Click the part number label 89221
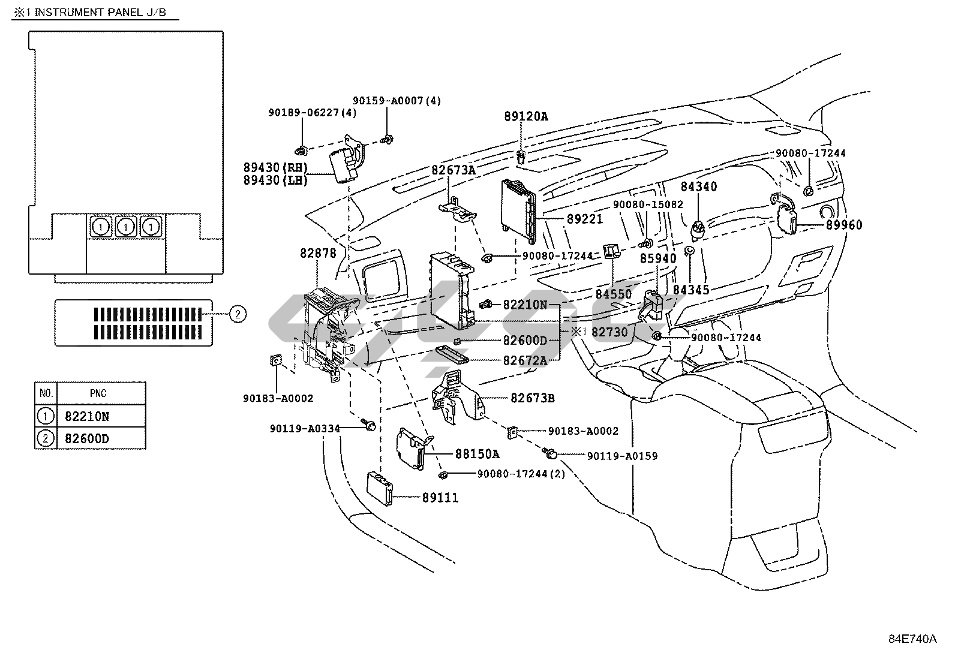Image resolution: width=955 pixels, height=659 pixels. coord(584,219)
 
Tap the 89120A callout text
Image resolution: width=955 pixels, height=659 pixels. coord(525,116)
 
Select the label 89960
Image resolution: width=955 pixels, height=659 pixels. coord(844,225)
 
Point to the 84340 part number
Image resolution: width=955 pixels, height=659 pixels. coord(699,186)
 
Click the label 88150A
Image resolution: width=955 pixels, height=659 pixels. coord(477,454)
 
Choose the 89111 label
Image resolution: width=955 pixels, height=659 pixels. coord(440,498)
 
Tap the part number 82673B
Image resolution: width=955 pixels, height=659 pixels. coord(533,398)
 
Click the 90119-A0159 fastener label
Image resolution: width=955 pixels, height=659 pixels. coord(622,456)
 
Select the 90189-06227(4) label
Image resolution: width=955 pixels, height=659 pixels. coord(312,113)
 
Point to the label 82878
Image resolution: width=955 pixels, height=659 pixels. coord(318,253)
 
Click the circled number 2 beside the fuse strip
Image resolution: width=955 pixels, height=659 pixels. coord(238,314)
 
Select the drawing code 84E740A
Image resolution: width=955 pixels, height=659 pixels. coord(912,639)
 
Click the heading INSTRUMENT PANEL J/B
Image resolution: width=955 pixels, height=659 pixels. coord(100,13)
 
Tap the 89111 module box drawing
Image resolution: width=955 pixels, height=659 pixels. coord(380,489)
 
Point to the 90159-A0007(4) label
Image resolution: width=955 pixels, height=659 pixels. coord(397,101)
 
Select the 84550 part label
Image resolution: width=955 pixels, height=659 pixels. coord(614,294)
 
